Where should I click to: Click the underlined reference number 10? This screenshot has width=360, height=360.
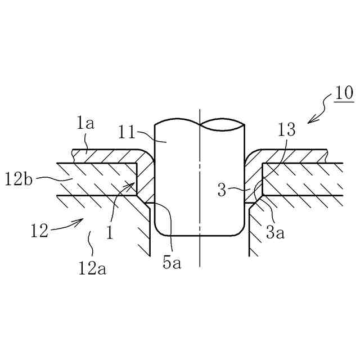(343, 92)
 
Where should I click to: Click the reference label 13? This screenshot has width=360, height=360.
(286, 130)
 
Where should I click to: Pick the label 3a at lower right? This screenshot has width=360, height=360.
(276, 231)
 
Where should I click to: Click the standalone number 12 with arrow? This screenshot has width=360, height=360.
(39, 230)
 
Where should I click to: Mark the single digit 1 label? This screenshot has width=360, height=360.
(110, 231)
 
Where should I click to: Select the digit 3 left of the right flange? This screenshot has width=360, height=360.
(223, 190)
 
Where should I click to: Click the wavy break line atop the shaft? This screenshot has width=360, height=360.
(200, 121)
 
